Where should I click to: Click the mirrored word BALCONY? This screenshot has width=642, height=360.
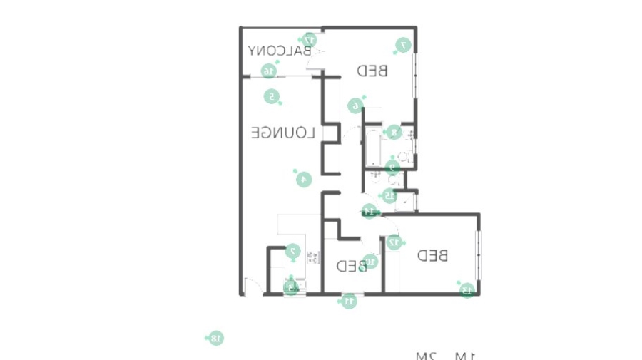click(x=280, y=51)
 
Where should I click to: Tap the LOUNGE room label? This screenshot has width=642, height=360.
click(x=282, y=133)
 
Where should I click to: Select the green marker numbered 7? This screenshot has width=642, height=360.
click(x=403, y=45)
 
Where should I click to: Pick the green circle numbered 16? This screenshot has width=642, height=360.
click(x=268, y=71)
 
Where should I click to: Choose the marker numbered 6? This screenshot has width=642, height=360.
click(x=355, y=106)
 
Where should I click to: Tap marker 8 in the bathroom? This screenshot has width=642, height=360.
click(x=393, y=132)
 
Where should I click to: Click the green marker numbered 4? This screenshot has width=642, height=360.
click(x=304, y=179)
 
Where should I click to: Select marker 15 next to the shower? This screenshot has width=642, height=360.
click(x=389, y=195)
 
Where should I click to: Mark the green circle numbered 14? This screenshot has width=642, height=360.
click(x=370, y=211)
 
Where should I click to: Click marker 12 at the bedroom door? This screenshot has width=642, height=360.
click(x=393, y=242)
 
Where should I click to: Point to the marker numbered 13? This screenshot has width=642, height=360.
click(x=467, y=289)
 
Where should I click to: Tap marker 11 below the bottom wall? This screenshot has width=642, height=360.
click(x=350, y=301)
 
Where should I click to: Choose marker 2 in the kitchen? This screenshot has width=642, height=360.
click(x=292, y=251)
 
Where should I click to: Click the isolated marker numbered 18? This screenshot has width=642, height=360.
click(x=216, y=338)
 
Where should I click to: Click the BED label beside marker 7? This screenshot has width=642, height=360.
click(x=372, y=71)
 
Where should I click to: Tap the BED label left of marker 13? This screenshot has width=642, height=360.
click(x=433, y=255)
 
